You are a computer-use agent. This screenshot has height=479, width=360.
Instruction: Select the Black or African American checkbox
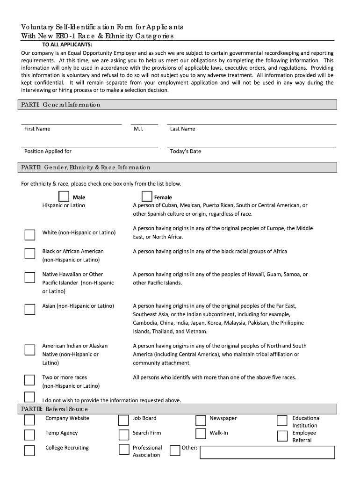(29, 253)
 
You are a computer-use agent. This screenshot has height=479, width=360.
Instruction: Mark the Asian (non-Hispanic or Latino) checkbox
(29, 309)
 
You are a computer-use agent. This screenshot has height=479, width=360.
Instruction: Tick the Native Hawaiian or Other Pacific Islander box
(29, 277)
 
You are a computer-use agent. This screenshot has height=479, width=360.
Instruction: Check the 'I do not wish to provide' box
(29, 397)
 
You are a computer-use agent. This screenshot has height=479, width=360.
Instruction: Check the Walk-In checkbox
(201, 434)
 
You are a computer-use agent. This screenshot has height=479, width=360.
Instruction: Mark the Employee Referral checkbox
(282, 436)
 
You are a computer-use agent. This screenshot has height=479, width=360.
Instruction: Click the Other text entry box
(267, 452)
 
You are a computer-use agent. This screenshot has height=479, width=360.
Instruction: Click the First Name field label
(37, 129)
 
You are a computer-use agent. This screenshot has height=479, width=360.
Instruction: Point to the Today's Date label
(186, 152)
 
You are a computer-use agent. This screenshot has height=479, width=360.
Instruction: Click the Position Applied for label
(48, 152)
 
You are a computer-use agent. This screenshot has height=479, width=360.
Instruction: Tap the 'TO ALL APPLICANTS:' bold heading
(67, 44)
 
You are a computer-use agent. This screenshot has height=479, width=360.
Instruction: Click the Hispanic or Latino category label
(64, 205)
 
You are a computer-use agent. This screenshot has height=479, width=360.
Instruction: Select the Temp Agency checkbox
(29, 435)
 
